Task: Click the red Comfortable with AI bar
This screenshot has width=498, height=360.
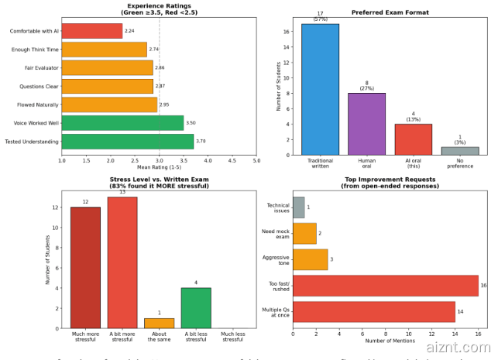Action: click(91, 31)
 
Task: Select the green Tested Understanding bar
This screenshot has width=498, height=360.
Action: click(127, 141)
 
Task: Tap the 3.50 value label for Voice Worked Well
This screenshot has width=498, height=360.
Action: click(190, 122)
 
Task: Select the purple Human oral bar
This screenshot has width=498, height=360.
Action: click(366, 124)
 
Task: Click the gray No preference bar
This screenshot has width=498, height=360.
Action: click(460, 151)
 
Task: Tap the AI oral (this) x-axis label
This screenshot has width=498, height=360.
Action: click(414, 165)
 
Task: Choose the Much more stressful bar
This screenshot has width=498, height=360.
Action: click(85, 267)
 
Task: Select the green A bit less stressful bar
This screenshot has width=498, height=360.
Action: click(196, 307)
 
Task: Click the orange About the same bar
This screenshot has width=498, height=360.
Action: click(159, 323)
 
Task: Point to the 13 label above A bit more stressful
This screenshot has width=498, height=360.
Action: click(122, 192)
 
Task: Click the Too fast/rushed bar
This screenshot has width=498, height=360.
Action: click(385, 285)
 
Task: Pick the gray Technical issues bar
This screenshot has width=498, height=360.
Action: click(298, 207)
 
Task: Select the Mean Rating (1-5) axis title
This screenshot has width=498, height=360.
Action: click(159, 167)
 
